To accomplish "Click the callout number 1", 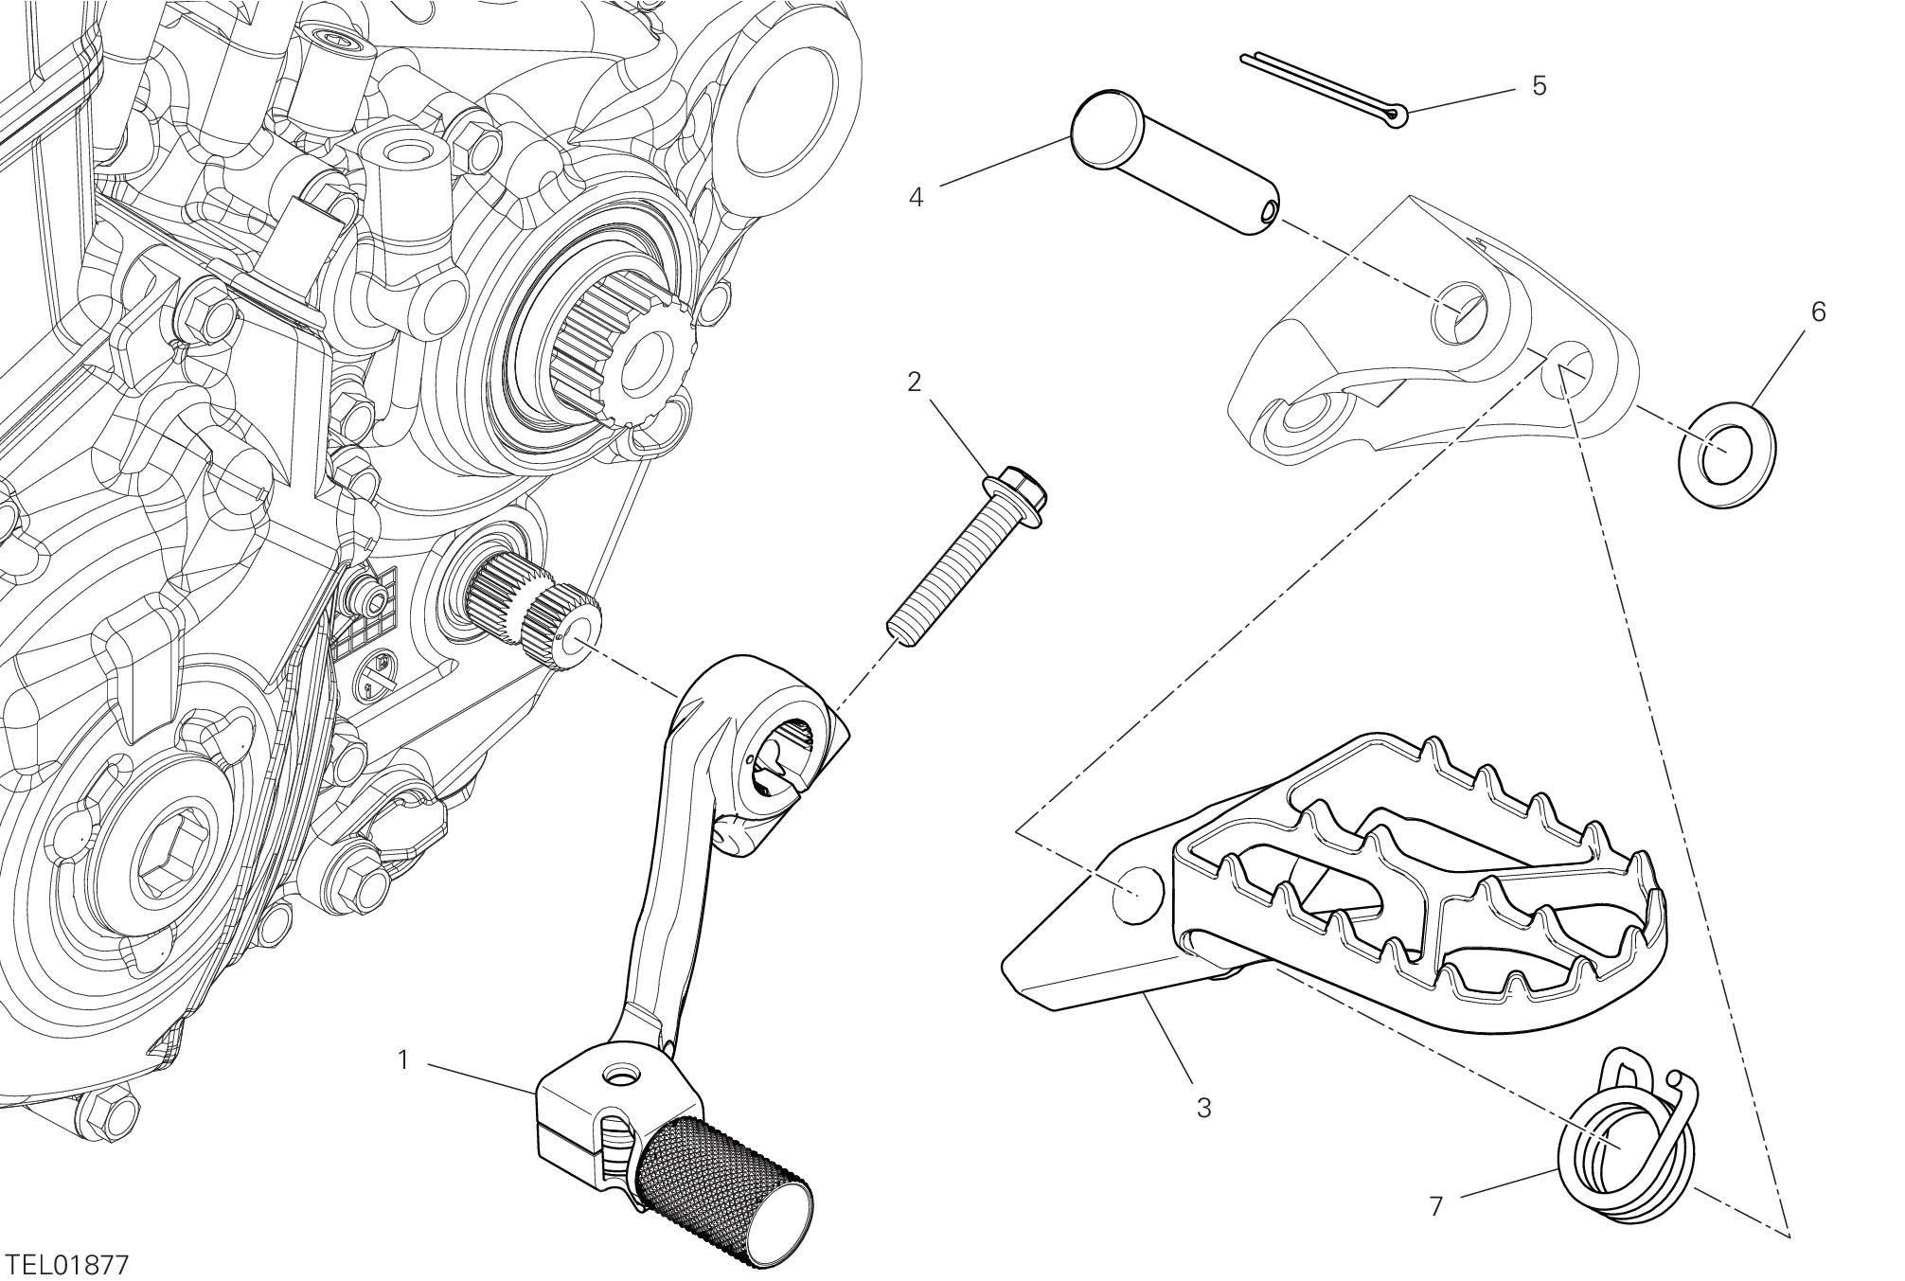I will click(x=403, y=1060).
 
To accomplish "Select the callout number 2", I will click(x=914, y=383).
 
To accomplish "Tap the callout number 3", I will click(x=1203, y=1107).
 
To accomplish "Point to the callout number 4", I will click(x=916, y=198).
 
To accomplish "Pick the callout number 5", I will click(x=1539, y=86).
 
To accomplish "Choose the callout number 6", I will click(x=1818, y=311).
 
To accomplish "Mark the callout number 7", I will click(x=1435, y=1206).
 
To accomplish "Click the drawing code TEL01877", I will click(x=66, y=1265).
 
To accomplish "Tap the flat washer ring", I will click(x=1726, y=452).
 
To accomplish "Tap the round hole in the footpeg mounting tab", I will click(x=1134, y=893).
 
